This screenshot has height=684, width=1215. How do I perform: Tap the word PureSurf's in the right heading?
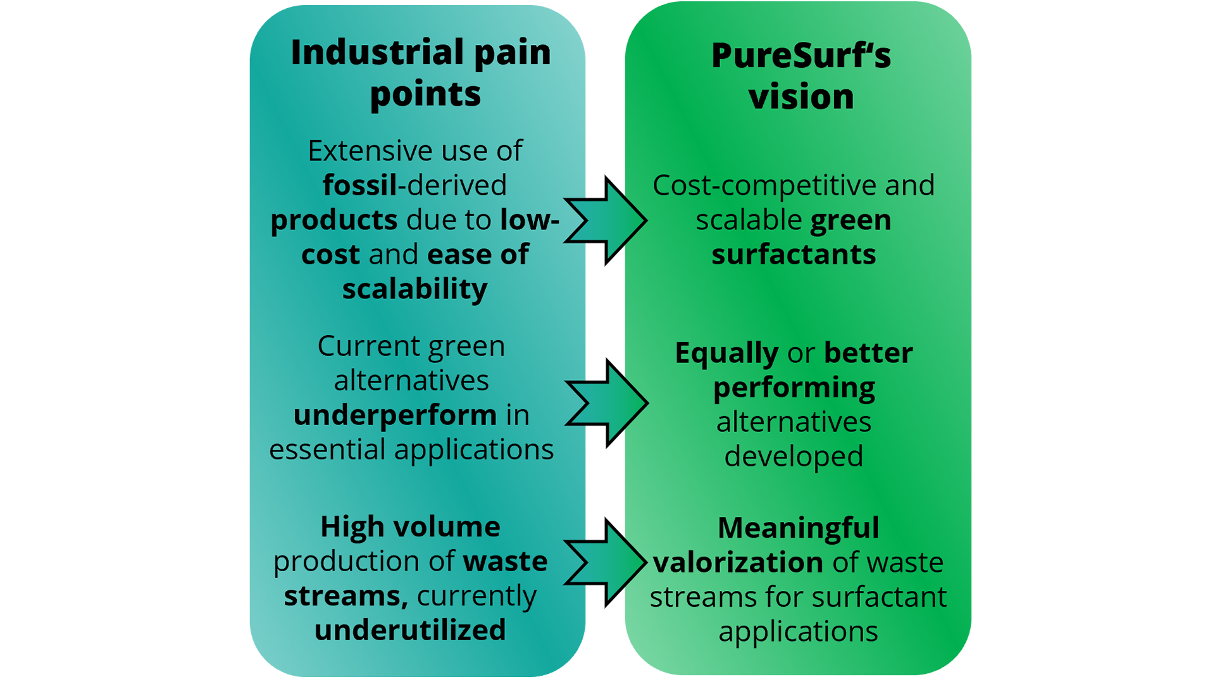[801, 56]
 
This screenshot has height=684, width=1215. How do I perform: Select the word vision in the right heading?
[801, 97]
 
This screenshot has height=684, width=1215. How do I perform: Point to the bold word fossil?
[359, 186]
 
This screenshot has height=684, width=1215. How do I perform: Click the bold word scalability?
[414, 289]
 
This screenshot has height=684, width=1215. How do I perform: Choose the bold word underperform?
[395, 415]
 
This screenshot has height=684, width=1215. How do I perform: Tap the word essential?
[327, 450]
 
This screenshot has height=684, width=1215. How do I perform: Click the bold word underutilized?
[410, 630]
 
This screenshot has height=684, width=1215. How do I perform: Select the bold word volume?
[446, 527]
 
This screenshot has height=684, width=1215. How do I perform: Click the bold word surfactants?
[794, 255]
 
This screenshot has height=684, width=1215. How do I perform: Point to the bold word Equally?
[726, 353]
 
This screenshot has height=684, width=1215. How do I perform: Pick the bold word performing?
[794, 388]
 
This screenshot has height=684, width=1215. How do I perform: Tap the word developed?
[794, 457]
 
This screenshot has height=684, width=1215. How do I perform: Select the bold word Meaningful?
[798, 528]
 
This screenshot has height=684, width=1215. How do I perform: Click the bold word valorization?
[738, 562]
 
